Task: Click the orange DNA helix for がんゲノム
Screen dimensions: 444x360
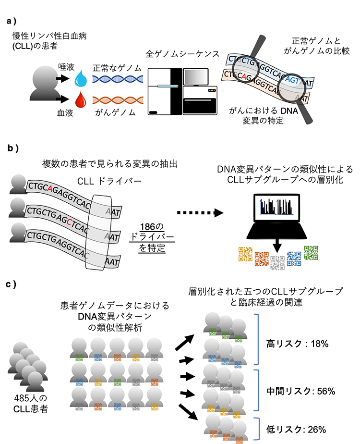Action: point(117,100)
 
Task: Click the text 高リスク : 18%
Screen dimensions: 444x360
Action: point(297,344)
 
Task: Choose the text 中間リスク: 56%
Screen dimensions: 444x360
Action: point(300,391)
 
